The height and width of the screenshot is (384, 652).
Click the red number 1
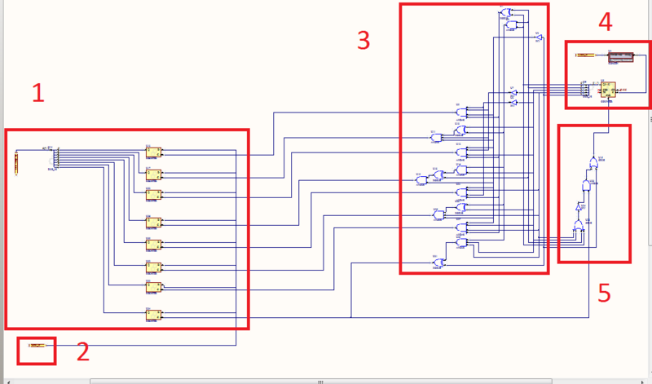tap(37, 94)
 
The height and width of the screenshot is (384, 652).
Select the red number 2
tap(82, 351)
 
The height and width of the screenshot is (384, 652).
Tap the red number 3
tap(363, 40)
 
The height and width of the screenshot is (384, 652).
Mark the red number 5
tap(604, 293)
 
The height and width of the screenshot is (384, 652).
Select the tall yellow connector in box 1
tap(16, 162)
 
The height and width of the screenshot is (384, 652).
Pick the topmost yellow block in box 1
tap(154, 152)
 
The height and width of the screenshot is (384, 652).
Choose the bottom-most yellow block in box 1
tap(154, 314)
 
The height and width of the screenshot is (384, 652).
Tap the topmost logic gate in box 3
tap(506, 12)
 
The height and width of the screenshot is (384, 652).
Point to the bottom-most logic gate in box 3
tap(436, 262)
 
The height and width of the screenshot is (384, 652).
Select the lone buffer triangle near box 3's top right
tap(539, 38)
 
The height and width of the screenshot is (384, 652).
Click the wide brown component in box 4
tap(620, 57)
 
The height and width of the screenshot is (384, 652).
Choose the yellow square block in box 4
tap(608, 90)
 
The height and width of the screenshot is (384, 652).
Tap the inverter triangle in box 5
tap(578, 209)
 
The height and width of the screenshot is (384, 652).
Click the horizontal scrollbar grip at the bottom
tap(320, 381)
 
